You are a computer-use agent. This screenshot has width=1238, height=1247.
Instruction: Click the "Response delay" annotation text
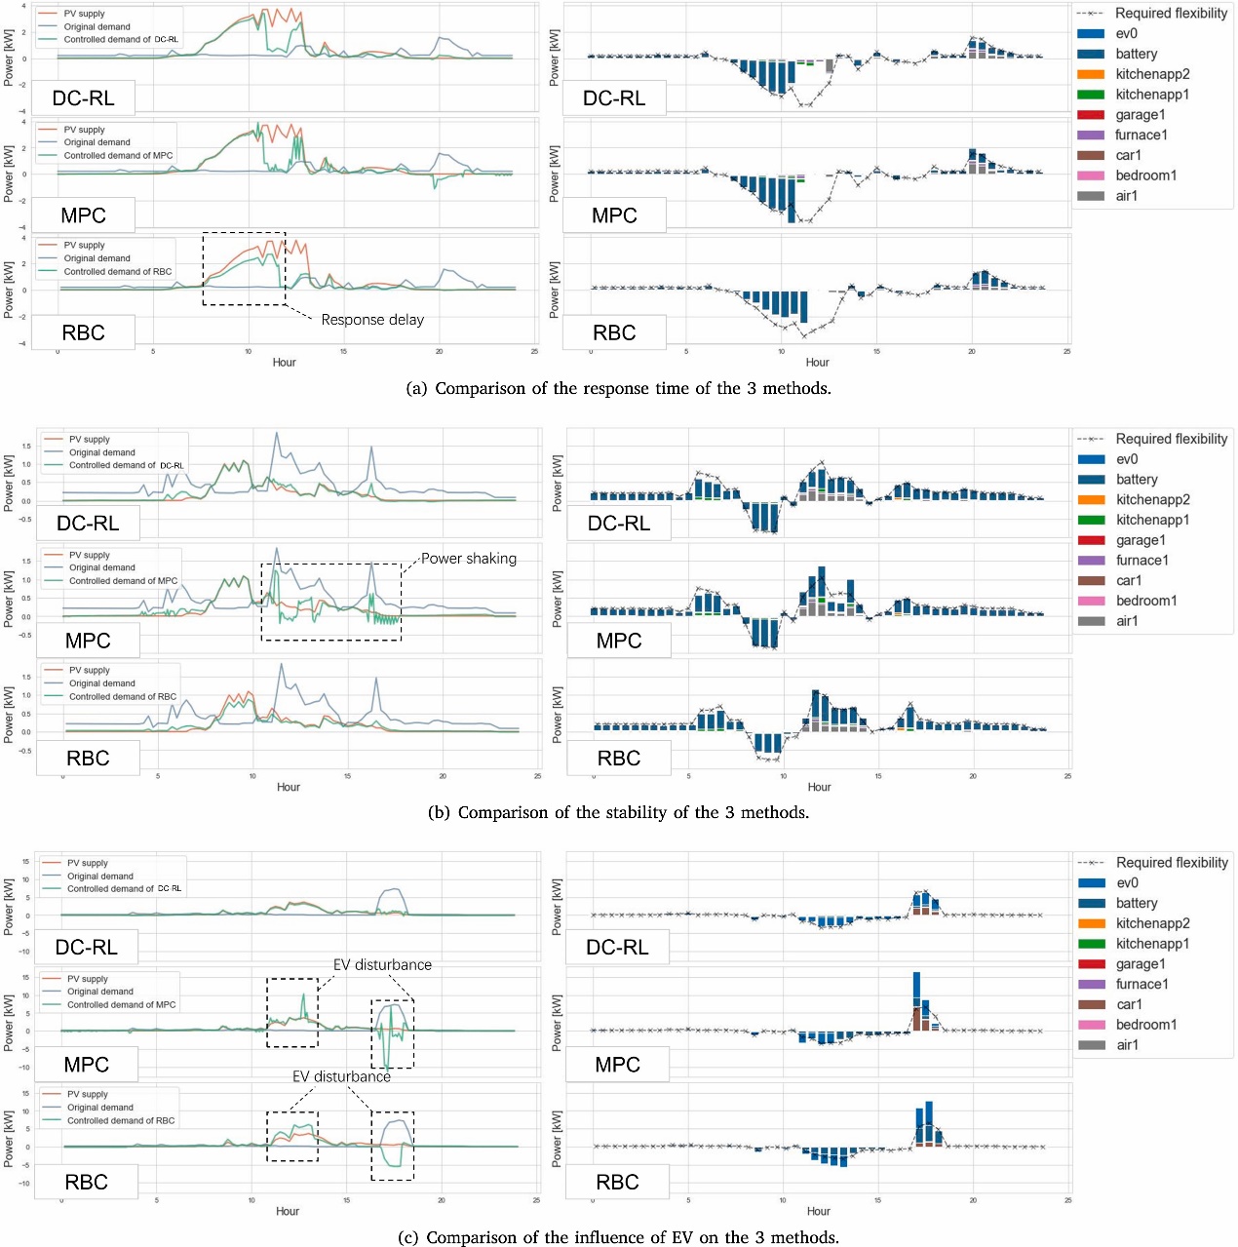point(372,320)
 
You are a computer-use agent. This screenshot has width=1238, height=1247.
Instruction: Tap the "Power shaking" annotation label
point(469,559)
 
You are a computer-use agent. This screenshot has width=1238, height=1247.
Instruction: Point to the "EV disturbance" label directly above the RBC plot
point(341,1076)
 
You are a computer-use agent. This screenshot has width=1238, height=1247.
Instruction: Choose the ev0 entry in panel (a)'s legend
point(1126,33)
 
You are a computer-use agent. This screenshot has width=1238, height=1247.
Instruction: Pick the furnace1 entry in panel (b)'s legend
point(1141,560)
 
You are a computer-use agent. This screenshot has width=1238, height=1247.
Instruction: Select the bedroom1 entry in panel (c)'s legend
point(1145,1025)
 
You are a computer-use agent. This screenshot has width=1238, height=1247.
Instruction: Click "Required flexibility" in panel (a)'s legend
point(1171,13)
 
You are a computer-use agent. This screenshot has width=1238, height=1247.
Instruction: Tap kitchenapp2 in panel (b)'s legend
point(1152,499)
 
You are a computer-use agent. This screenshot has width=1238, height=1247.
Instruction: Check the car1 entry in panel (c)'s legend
point(1129,1004)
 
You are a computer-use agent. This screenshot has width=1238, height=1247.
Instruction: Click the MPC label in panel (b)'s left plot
point(88,641)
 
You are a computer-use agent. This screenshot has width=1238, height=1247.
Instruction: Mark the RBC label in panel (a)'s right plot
point(614,332)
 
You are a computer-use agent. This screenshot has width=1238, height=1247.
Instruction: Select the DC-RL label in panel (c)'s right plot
point(617,947)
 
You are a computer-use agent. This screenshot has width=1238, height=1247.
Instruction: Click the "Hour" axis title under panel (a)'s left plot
point(284,362)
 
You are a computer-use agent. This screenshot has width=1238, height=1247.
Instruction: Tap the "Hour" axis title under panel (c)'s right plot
point(818,1211)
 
